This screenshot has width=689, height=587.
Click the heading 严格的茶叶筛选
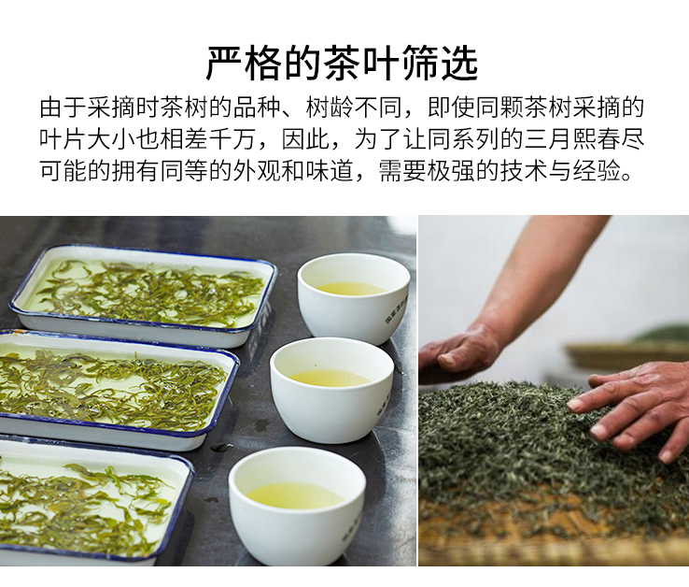pos(342,64)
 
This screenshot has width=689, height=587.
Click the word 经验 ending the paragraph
pos(597,170)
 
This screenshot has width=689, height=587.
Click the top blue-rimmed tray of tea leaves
pos(143,295)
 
